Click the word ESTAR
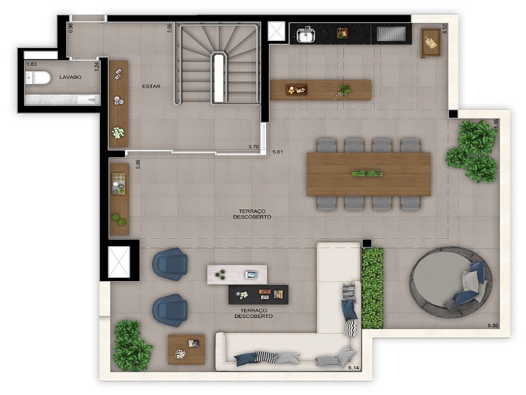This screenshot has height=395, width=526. tap(151, 86)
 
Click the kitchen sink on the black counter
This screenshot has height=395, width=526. tap(306, 34)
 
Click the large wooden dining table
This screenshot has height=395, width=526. tap(368, 174)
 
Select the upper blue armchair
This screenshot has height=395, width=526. tap(170, 263)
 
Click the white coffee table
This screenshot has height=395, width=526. tap(237, 274)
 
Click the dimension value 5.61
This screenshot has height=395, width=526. tap(278, 152)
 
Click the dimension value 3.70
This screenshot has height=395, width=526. tap(253, 146)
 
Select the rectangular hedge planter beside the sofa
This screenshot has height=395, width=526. tap(372, 288)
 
